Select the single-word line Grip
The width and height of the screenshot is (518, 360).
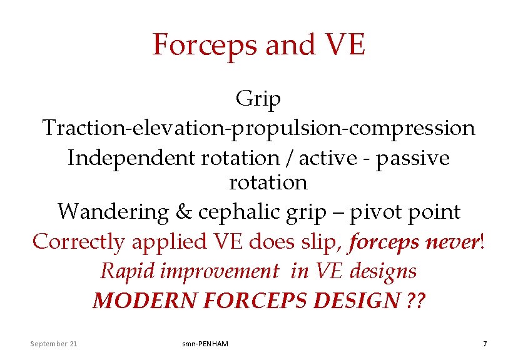point(258,99)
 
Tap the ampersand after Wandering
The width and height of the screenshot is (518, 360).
point(183,212)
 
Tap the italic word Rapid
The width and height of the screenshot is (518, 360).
point(124,271)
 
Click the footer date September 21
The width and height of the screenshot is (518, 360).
point(54,343)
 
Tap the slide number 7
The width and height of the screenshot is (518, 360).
point(484,343)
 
